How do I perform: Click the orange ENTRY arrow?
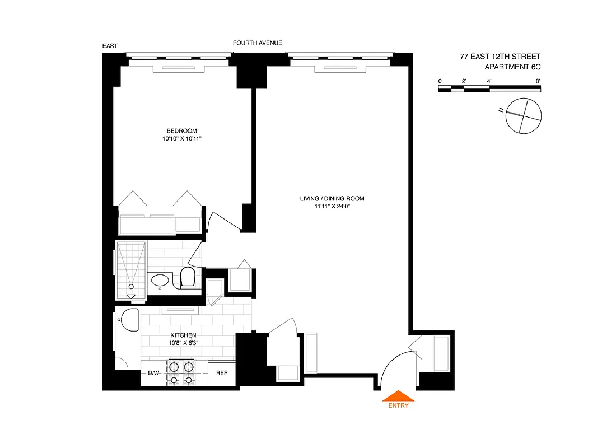[x=398, y=396]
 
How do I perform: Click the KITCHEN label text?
[x=184, y=335]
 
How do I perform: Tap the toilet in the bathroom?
[x=188, y=277]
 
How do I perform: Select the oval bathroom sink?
[x=161, y=280]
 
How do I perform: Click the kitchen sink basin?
[x=129, y=320]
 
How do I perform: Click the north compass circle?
[x=524, y=115]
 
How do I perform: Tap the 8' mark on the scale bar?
[x=538, y=81]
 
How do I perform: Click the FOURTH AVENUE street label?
[x=258, y=43]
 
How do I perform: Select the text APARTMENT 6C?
[x=512, y=67]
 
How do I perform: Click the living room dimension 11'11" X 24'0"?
[x=335, y=206]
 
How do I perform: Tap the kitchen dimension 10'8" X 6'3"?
[x=184, y=343]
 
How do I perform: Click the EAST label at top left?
[x=110, y=46]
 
